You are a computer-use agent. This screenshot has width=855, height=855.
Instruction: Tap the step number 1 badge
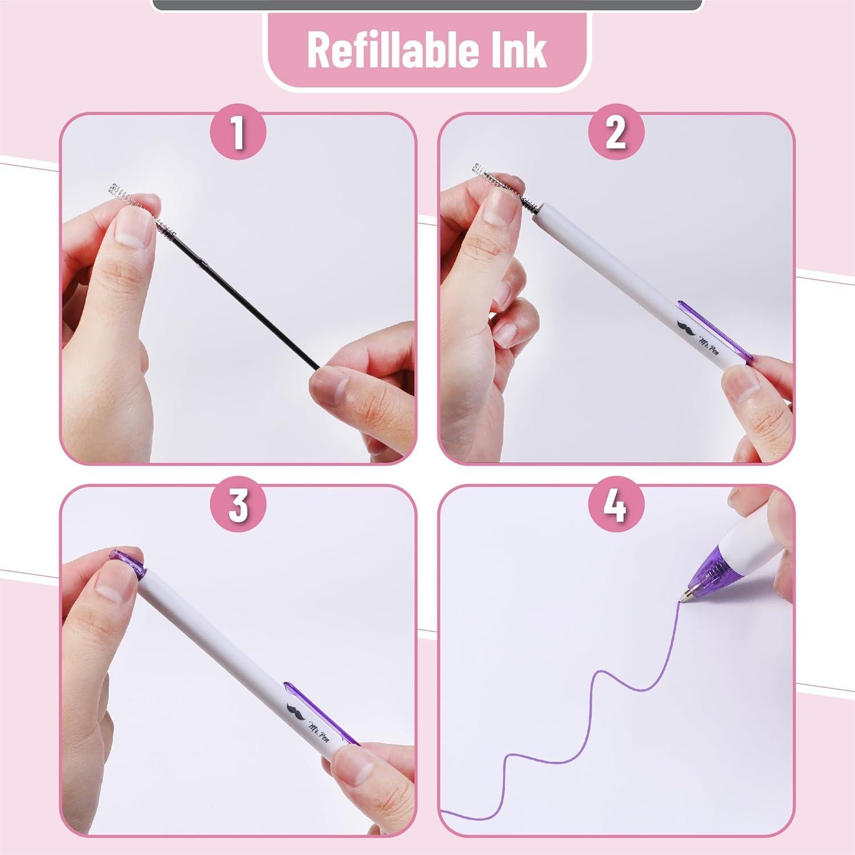(238, 132)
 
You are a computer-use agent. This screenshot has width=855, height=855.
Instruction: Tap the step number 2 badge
(616, 132)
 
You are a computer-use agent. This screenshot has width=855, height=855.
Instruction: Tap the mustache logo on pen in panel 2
(686, 327)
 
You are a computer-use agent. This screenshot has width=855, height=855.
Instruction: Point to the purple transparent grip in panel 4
(707, 567)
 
